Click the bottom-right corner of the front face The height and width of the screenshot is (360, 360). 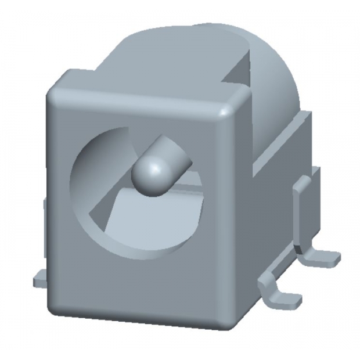[x=226, y=322]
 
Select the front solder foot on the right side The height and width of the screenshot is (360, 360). [x=285, y=296]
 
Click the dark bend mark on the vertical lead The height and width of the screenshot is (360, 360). [x=298, y=248]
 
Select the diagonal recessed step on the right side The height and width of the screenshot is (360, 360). [x=279, y=145]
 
